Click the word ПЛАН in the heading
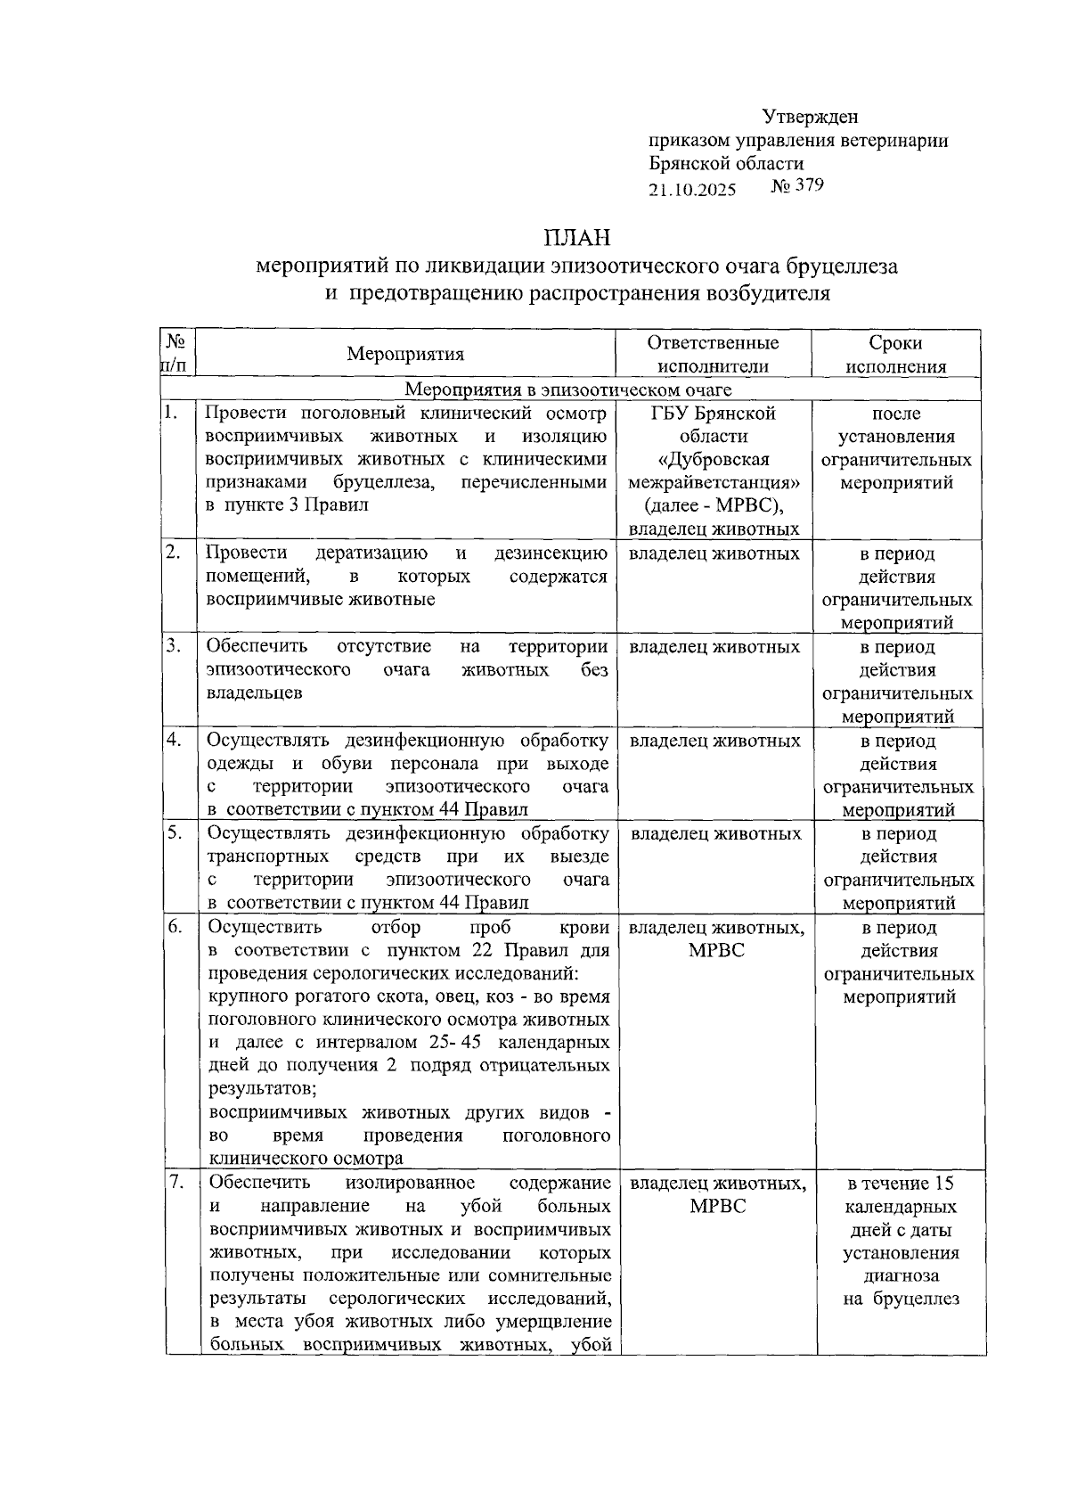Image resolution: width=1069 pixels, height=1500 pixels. (x=578, y=238)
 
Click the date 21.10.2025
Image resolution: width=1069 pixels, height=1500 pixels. (x=692, y=190)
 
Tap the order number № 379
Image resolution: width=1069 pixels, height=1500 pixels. (x=797, y=186)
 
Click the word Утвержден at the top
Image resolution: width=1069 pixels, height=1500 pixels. (x=810, y=117)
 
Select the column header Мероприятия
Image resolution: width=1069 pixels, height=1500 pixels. (x=405, y=354)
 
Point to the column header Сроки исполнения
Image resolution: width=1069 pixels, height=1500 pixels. (x=895, y=354)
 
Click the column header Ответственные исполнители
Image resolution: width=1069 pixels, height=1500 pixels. (x=713, y=354)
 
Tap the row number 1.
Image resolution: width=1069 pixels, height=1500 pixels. (x=172, y=413)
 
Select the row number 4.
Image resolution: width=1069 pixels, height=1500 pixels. (x=174, y=740)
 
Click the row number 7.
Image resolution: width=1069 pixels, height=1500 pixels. (x=175, y=1182)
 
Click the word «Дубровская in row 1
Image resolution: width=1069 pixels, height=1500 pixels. (x=713, y=459)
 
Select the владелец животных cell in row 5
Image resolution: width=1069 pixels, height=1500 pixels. (x=715, y=833)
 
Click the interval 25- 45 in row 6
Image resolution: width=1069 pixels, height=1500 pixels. (x=454, y=1042)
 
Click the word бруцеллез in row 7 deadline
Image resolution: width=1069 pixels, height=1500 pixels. (x=917, y=1299)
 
